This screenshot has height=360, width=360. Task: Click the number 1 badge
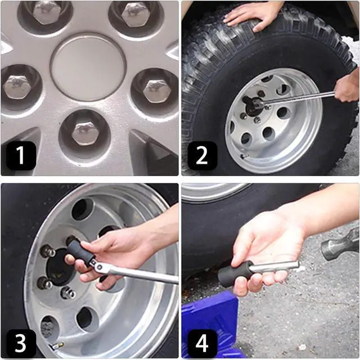point(21,156)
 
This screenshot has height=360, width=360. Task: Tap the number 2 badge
point(202,156)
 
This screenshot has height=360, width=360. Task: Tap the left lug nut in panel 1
point(17,87)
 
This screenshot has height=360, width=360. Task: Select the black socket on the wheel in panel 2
point(254,105)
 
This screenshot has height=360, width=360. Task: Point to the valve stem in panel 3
point(56,346)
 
